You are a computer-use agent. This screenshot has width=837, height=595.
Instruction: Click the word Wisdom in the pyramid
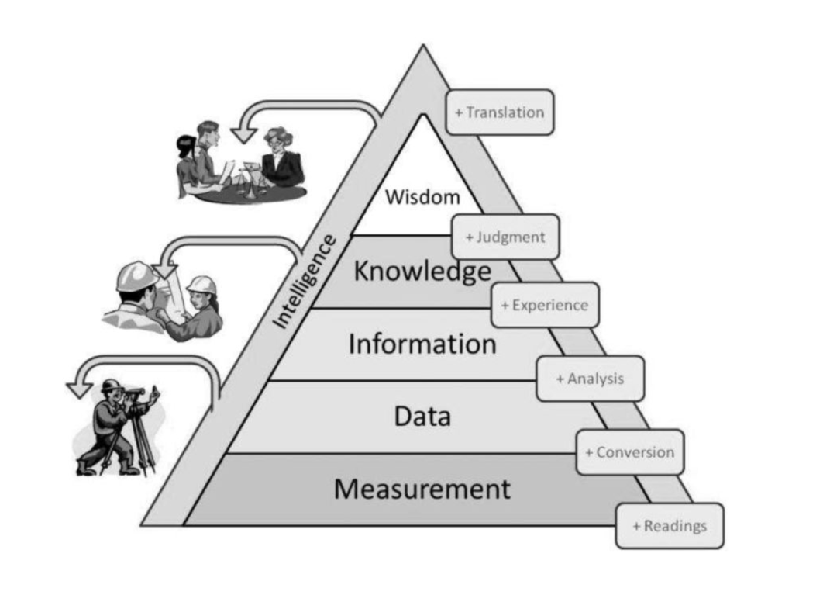coord(422,197)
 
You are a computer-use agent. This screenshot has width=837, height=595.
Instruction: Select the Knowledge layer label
coord(422,271)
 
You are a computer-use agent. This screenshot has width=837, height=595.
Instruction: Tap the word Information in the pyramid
coord(422,344)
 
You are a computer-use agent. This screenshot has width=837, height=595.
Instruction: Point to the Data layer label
coord(422,416)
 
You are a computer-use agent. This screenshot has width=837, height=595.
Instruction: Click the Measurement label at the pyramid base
coord(422,489)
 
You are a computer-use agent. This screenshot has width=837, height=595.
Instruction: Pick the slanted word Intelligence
coord(305,282)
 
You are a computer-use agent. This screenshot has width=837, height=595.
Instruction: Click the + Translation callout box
coord(500,112)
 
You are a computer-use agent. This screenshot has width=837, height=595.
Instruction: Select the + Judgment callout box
coord(505,237)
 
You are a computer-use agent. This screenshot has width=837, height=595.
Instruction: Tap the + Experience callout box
coord(545,305)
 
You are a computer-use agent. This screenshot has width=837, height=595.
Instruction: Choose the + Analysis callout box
coord(591,379)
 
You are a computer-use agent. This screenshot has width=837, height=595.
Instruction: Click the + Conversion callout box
coord(630,452)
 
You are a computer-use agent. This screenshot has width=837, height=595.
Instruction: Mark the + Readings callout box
coord(670,526)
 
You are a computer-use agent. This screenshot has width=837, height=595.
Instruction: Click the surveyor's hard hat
coord(111,385)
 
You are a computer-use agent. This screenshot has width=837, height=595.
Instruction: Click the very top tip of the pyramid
coord(423,45)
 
